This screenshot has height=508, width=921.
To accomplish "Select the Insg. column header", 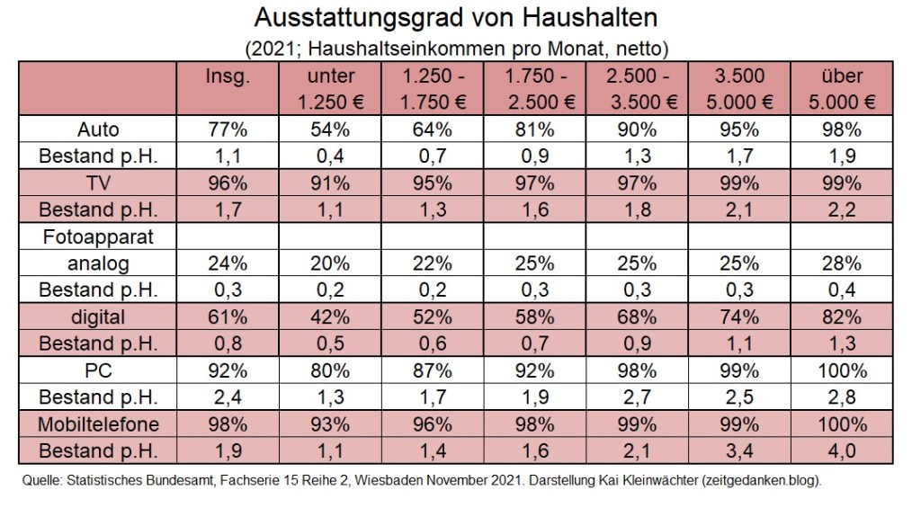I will pos(228,76).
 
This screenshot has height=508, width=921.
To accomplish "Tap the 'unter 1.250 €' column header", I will pos(330,88).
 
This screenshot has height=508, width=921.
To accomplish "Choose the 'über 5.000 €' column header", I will pos(842,88).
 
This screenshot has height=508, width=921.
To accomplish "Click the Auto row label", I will pos(99,129).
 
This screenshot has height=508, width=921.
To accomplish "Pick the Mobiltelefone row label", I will pos(99,423).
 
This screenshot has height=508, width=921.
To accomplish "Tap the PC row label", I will pos(99,369).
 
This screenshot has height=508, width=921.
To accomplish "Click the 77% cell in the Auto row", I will pos(228,129).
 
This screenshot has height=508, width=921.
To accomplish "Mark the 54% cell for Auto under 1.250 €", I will pos(330,129).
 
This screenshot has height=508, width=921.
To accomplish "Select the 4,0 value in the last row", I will pos(842,450).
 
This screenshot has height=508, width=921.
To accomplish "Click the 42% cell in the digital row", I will pos(330,316).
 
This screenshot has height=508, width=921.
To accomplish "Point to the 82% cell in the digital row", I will pos(842,316).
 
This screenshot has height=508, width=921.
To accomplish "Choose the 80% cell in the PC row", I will pos(330,369).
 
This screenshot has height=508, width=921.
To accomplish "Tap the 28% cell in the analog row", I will pos(842,263).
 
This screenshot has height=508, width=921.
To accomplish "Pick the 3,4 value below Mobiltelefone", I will pos(739,450).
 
